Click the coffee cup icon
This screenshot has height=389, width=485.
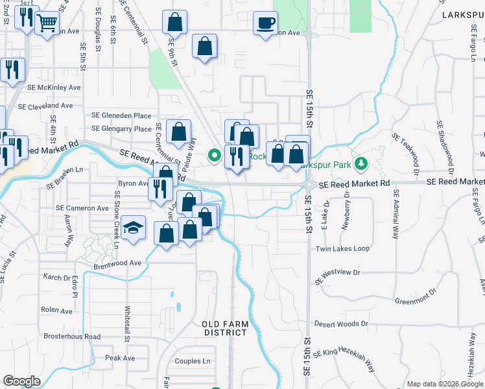pos(265,23)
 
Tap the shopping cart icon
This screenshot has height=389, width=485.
pos(45,23)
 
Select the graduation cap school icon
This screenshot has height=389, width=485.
pos(133,228)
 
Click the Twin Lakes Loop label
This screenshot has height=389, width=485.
pos(342,249)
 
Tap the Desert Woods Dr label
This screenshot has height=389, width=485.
pos(341,324)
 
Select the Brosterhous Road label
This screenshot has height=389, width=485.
pos(72,336)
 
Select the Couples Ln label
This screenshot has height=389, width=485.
pos(193,361)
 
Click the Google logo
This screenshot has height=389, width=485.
pos(21,381)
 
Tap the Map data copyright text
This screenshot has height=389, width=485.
pos(445,384)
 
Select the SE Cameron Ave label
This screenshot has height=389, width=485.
pos(82,208)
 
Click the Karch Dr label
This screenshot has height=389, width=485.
pos(55,277)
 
